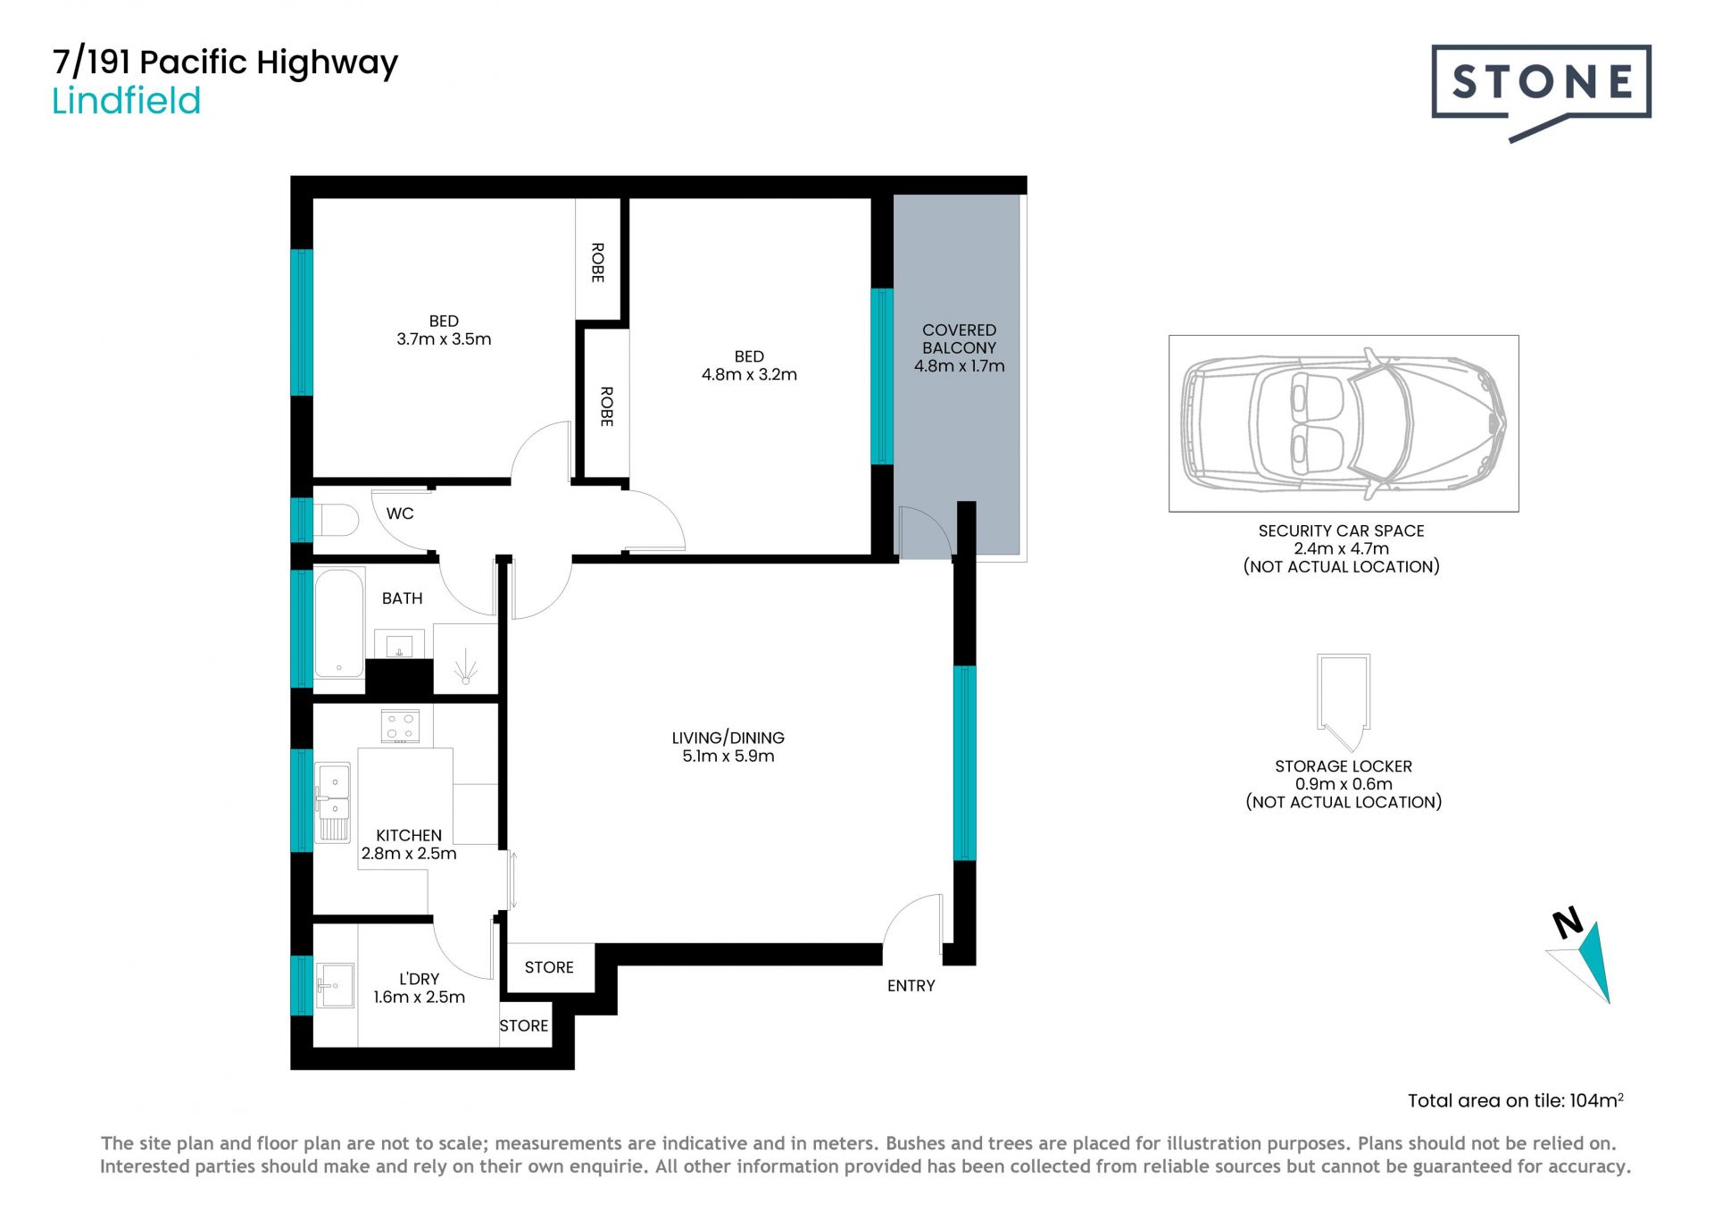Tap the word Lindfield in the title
coord(126,101)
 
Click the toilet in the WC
coord(336,520)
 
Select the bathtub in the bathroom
coord(339,622)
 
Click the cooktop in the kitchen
coord(400,726)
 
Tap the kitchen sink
coord(333,802)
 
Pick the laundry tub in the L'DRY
coord(335,986)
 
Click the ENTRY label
coord(911,986)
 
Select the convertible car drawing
coord(1344,423)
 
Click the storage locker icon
coord(1344,703)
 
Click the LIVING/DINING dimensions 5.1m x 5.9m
coord(728,756)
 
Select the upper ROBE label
coord(598,263)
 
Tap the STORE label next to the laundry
coord(524,1026)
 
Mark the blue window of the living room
coord(965,763)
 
